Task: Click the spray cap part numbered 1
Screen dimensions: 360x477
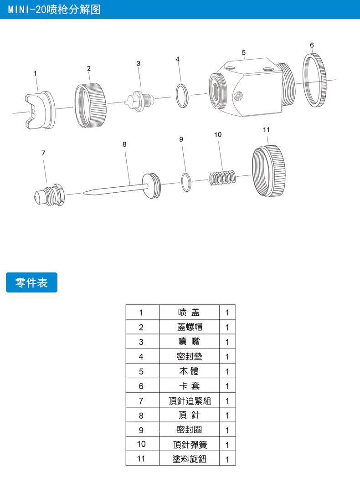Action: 40,110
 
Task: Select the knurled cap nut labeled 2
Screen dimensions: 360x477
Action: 91,106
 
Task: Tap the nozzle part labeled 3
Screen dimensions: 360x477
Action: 140,99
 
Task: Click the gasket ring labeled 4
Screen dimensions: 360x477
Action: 182,96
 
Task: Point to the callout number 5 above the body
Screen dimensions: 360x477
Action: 244,53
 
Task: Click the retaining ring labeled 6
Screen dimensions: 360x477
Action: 314,80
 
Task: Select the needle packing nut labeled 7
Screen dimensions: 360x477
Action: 49,195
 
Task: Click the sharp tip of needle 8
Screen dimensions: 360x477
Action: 84,192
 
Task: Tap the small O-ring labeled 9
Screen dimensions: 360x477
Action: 186,182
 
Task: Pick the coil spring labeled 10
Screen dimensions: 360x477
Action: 222,178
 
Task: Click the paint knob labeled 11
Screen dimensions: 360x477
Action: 269,171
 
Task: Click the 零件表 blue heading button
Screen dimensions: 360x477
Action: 31,282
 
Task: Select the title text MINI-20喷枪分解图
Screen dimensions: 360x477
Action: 55,10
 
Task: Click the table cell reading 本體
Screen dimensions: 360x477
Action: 189,371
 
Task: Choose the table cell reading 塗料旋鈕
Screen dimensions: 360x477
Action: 189,459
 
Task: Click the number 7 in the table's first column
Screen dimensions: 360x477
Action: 141,400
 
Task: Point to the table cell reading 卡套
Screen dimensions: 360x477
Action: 189,386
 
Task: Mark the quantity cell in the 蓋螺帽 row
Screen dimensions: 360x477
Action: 227,327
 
